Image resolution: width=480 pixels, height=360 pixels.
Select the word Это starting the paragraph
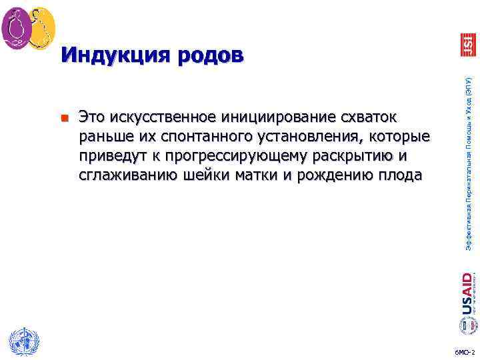[93, 118]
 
